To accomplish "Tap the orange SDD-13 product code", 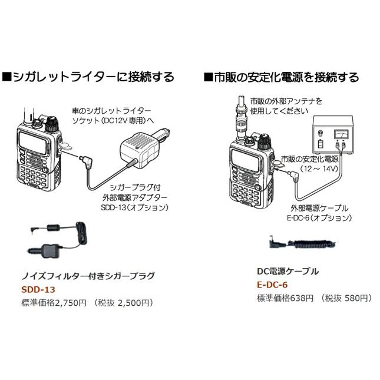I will click(x=39, y=290).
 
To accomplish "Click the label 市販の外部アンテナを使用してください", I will click(x=286, y=105).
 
